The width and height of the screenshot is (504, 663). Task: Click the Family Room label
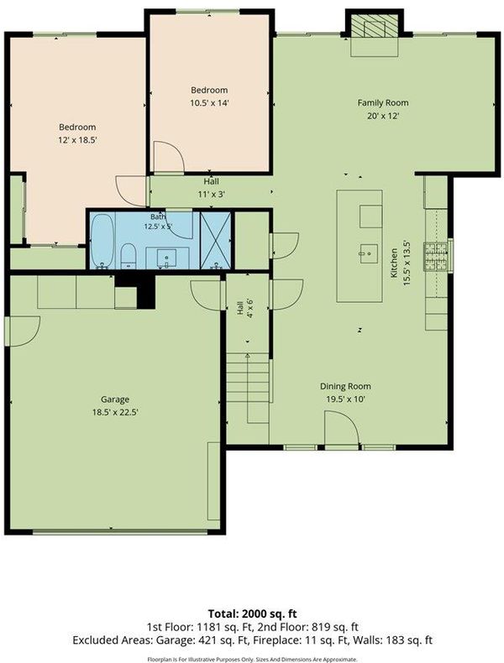(383, 102)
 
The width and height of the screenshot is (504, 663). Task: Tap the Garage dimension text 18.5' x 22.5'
(115, 412)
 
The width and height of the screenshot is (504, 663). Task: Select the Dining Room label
(345, 386)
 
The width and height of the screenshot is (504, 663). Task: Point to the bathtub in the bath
(102, 241)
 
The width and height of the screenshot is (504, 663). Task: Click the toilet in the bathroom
(128, 256)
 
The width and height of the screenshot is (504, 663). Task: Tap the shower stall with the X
(215, 240)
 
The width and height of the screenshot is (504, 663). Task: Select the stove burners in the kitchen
(436, 256)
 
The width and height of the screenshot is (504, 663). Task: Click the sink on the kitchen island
(369, 253)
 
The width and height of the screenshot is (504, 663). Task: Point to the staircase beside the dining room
(249, 389)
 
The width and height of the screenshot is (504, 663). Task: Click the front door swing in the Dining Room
(342, 427)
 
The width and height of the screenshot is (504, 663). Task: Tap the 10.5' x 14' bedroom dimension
(209, 102)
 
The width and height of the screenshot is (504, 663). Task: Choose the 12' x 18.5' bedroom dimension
(78, 139)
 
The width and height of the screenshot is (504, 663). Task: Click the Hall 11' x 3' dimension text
(211, 194)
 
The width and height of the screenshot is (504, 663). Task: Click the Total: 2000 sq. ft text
(252, 613)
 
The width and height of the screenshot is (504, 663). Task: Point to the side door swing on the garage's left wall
(23, 331)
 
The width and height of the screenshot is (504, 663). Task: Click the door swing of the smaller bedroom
(169, 157)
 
